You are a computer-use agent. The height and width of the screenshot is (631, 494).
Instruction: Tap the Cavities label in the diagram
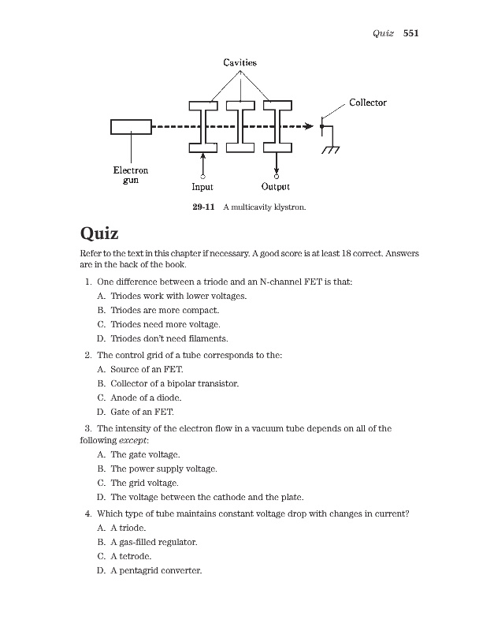(x=240, y=62)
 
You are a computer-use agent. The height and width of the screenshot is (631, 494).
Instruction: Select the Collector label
(x=367, y=103)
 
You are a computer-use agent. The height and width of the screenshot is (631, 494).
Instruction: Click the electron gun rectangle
(x=131, y=126)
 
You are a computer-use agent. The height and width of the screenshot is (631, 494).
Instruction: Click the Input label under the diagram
(x=202, y=188)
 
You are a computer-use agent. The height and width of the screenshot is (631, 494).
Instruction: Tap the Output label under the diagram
(x=275, y=188)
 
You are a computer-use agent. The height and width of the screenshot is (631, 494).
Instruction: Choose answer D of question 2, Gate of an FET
(x=142, y=412)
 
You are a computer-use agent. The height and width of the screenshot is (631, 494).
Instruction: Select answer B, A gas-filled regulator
(x=154, y=543)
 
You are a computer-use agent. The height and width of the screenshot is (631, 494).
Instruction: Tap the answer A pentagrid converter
(x=156, y=571)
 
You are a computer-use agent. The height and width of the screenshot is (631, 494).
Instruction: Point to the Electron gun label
(x=131, y=175)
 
